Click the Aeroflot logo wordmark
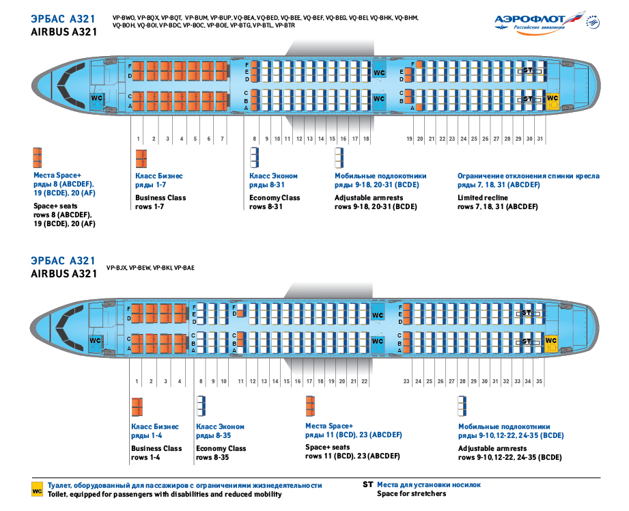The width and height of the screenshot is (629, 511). click(x=529, y=19)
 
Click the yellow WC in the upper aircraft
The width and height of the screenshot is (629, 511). click(x=553, y=100)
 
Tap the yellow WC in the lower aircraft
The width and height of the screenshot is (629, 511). click(x=550, y=343)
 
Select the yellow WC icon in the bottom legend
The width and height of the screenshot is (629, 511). click(x=37, y=490)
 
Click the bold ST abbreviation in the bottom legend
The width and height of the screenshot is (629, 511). click(x=367, y=484)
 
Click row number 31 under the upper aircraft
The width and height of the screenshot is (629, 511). click(x=540, y=139)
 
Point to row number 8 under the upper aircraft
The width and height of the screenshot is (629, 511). click(x=254, y=139)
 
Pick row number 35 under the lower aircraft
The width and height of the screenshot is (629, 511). click(x=539, y=381)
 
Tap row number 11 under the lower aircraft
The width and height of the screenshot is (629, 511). click(x=240, y=381)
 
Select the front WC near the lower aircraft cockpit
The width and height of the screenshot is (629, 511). click(x=95, y=342)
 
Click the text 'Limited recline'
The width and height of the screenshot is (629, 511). click(x=483, y=197)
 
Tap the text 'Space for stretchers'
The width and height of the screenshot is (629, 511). click(x=411, y=493)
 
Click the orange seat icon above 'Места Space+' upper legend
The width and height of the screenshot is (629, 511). click(x=38, y=157)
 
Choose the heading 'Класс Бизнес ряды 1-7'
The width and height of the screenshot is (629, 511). click(x=159, y=180)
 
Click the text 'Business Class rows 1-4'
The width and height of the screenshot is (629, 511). click(x=156, y=453)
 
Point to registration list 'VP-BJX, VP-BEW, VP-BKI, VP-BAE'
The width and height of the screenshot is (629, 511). click(x=150, y=268)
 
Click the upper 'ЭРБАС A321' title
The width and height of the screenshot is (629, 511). click(x=64, y=19)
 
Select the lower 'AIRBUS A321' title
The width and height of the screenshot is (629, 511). click(x=64, y=274)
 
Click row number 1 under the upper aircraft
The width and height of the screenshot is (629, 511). click(x=138, y=139)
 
